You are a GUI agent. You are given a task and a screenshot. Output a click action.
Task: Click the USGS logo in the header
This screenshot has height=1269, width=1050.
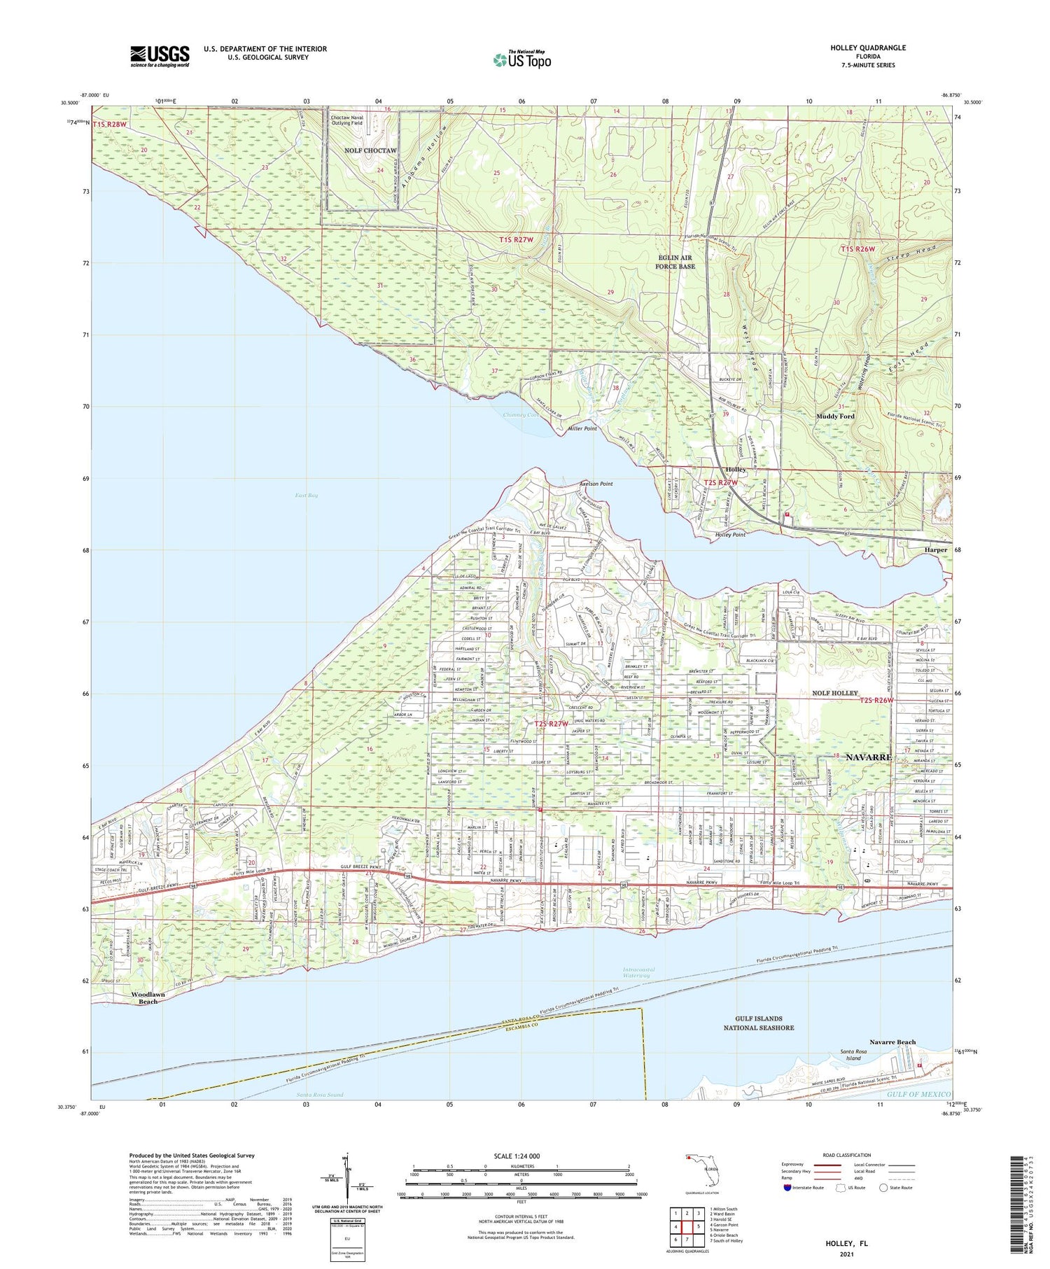160,56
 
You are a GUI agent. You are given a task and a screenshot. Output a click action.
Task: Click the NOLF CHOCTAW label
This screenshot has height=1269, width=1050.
370,150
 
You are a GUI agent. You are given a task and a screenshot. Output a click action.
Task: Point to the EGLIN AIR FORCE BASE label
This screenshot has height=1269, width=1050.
675,262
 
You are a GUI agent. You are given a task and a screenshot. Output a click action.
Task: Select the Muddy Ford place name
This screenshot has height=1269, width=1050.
835,416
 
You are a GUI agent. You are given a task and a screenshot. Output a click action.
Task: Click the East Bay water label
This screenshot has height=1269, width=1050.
307,495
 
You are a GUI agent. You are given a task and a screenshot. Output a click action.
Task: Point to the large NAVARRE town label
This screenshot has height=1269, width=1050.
869,757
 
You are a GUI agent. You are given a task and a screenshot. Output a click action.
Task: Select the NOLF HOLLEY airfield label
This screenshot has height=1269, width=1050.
834,693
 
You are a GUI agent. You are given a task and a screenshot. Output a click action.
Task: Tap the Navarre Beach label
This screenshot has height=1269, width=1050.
892,1042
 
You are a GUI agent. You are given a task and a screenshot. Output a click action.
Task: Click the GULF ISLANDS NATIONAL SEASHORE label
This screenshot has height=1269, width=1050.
759,1023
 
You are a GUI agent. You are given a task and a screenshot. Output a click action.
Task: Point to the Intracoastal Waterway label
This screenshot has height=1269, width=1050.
639,973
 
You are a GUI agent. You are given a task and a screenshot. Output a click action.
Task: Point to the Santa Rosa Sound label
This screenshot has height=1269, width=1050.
320,1095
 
